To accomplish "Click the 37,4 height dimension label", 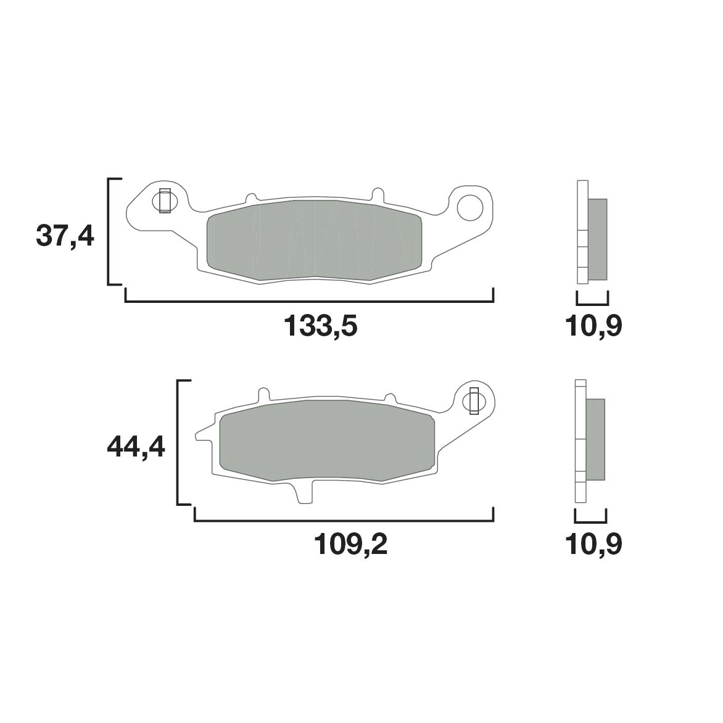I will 65,236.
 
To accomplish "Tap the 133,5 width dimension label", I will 320,326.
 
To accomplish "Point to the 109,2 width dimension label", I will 350,544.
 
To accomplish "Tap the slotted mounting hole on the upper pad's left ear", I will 165,200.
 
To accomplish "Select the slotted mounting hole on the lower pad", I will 474,402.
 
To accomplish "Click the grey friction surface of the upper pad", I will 315,241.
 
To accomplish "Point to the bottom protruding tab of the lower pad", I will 304,494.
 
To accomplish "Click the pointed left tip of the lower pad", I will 197,435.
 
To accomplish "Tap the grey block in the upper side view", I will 598,238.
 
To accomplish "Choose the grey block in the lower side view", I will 595,439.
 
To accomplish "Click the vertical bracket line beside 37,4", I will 109,231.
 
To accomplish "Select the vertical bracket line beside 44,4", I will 178,443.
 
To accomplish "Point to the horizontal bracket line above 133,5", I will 308,302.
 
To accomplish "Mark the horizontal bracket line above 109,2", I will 344,521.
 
